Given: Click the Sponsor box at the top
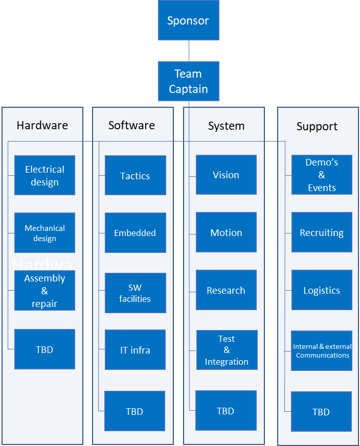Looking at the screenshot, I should click(x=188, y=20).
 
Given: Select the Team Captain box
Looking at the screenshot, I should click(x=188, y=81).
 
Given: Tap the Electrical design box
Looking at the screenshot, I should click(x=44, y=175).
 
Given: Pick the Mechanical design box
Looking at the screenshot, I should click(x=44, y=233).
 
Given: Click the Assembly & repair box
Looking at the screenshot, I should click(x=44, y=291).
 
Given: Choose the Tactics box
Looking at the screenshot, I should click(x=135, y=176).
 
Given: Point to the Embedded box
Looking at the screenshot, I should click(x=135, y=233).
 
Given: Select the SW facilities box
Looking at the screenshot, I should click(x=135, y=293).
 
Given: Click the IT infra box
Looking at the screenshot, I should click(x=135, y=350).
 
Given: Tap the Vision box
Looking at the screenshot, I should click(x=226, y=175).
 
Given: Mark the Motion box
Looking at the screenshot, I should click(x=226, y=232).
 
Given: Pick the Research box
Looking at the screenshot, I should click(x=226, y=290).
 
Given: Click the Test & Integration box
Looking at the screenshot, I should click(x=227, y=350).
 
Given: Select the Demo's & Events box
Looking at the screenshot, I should click(x=322, y=175).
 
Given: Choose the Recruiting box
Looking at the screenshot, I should click(x=322, y=232).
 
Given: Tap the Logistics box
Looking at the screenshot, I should click(x=322, y=290).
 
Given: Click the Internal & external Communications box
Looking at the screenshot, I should click(x=322, y=350).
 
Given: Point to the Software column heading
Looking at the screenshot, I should click(x=131, y=125).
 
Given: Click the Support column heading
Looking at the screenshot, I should click(x=317, y=126).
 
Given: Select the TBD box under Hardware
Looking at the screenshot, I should click(x=44, y=349).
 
